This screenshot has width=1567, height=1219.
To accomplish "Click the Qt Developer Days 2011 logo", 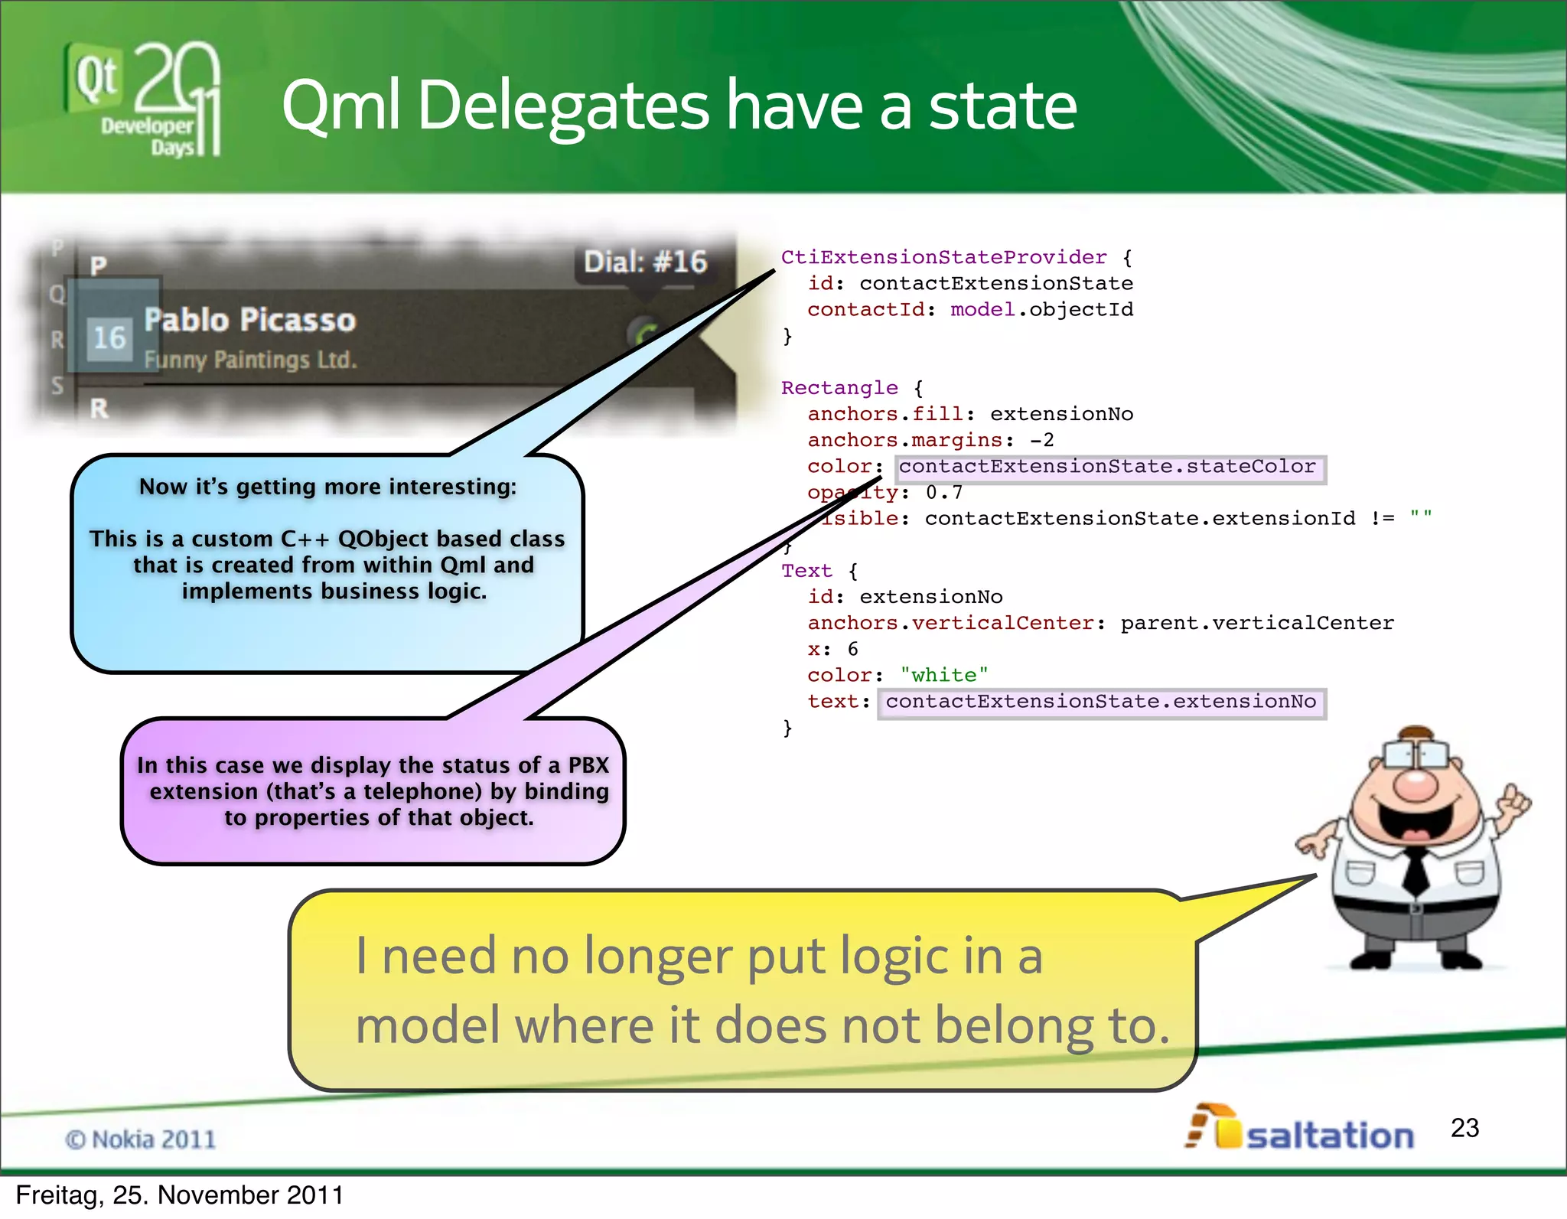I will click(144, 99).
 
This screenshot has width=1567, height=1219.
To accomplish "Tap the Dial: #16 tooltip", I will click(645, 262).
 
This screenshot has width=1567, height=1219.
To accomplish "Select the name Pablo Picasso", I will click(250, 320).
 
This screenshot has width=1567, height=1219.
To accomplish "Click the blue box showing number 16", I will click(110, 337).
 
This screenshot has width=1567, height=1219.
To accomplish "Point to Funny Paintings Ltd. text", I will click(250, 360).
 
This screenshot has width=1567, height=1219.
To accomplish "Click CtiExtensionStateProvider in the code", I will click(943, 257).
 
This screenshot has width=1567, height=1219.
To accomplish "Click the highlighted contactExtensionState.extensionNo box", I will click(1101, 702).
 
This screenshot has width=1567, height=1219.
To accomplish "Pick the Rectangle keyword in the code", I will click(839, 388).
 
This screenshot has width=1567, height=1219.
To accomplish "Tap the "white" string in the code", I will click(944, 675).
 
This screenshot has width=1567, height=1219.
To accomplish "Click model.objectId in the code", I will click(1041, 309).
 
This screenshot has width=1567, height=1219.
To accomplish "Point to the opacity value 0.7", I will click(944, 492).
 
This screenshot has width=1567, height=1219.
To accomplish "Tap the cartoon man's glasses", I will click(1416, 755).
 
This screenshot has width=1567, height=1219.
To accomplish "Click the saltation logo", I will click(1301, 1129).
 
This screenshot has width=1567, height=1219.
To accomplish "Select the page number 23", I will click(1464, 1128).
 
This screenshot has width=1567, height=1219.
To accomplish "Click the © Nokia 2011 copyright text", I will click(141, 1139).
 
